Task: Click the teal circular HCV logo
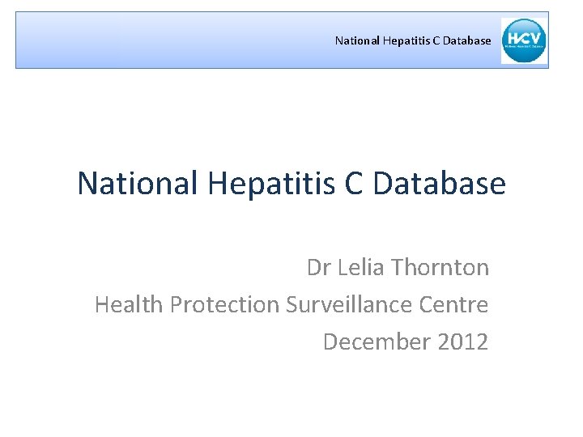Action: [x=524, y=40]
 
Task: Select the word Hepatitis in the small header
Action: [x=397, y=40]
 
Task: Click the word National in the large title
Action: [x=138, y=184]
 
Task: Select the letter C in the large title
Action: [x=354, y=184]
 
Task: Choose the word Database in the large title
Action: [x=439, y=184]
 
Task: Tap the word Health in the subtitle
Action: [x=124, y=304]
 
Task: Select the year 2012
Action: [x=462, y=342]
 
